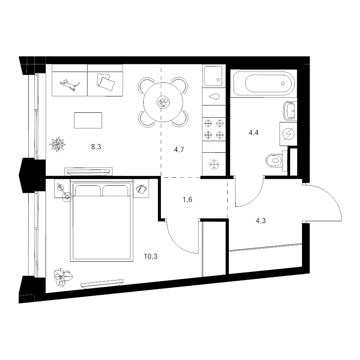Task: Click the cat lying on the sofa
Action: point(70,84)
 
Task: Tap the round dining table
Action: point(163,102)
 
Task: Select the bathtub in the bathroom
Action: point(264,83)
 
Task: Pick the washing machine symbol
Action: point(288,134)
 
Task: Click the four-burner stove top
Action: point(214,129)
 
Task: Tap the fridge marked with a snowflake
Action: point(214,164)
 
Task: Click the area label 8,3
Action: point(96,147)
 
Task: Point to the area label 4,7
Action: point(179,150)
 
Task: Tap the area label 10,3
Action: point(151,256)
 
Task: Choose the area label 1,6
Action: point(187,200)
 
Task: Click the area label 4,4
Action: point(254,133)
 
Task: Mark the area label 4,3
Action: point(260,221)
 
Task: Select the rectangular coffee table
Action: point(88,120)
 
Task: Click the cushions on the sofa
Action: point(106,82)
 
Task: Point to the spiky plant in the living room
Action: point(58,144)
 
